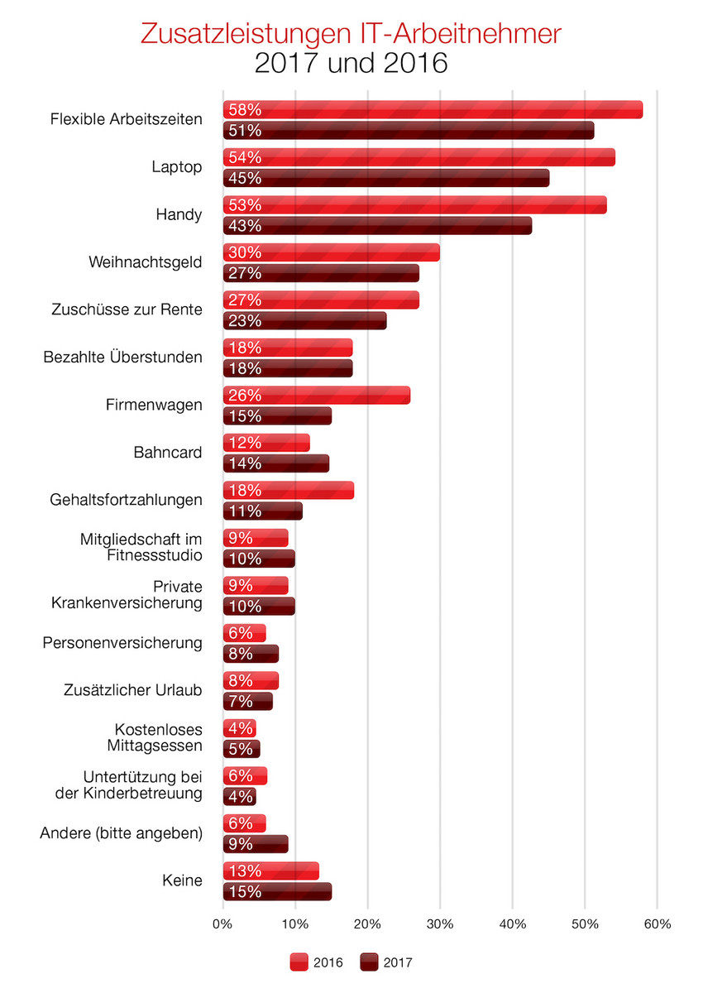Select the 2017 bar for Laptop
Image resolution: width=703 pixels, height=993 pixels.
point(385,178)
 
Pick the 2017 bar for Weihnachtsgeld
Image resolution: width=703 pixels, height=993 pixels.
point(321,273)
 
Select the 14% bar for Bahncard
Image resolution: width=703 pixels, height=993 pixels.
point(275,463)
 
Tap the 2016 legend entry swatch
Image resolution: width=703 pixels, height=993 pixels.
point(299,962)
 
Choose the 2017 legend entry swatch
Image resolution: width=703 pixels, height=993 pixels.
point(369,962)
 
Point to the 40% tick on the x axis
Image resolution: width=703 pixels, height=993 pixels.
point(512,923)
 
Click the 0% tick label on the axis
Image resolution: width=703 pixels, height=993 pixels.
point(223,923)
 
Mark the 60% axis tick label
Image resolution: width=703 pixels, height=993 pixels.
point(657,923)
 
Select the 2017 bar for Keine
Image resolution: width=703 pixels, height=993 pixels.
point(277,891)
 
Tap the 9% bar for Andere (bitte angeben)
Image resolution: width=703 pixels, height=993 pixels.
point(256,843)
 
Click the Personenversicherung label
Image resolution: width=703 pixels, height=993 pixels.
point(122,642)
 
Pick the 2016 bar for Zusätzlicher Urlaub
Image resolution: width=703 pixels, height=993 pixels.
point(251,680)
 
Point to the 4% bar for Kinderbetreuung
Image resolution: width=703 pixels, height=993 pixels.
point(239,796)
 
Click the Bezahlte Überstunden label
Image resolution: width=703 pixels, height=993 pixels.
point(122,357)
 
